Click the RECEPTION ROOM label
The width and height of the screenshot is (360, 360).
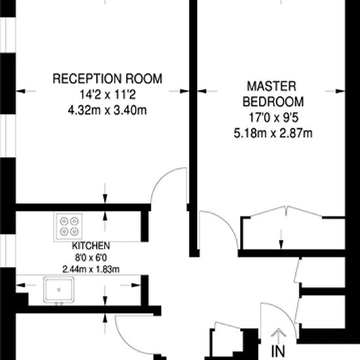click(107, 79)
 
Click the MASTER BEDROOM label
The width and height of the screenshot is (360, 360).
click(274, 94)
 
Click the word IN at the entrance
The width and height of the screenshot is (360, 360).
click(278, 351)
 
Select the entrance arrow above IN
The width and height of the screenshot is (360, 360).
click(278, 336)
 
